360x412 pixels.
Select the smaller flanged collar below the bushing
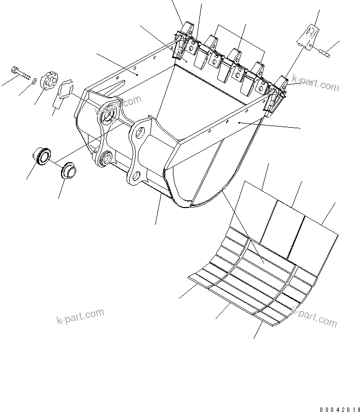pyautogui.click(x=68, y=170)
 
